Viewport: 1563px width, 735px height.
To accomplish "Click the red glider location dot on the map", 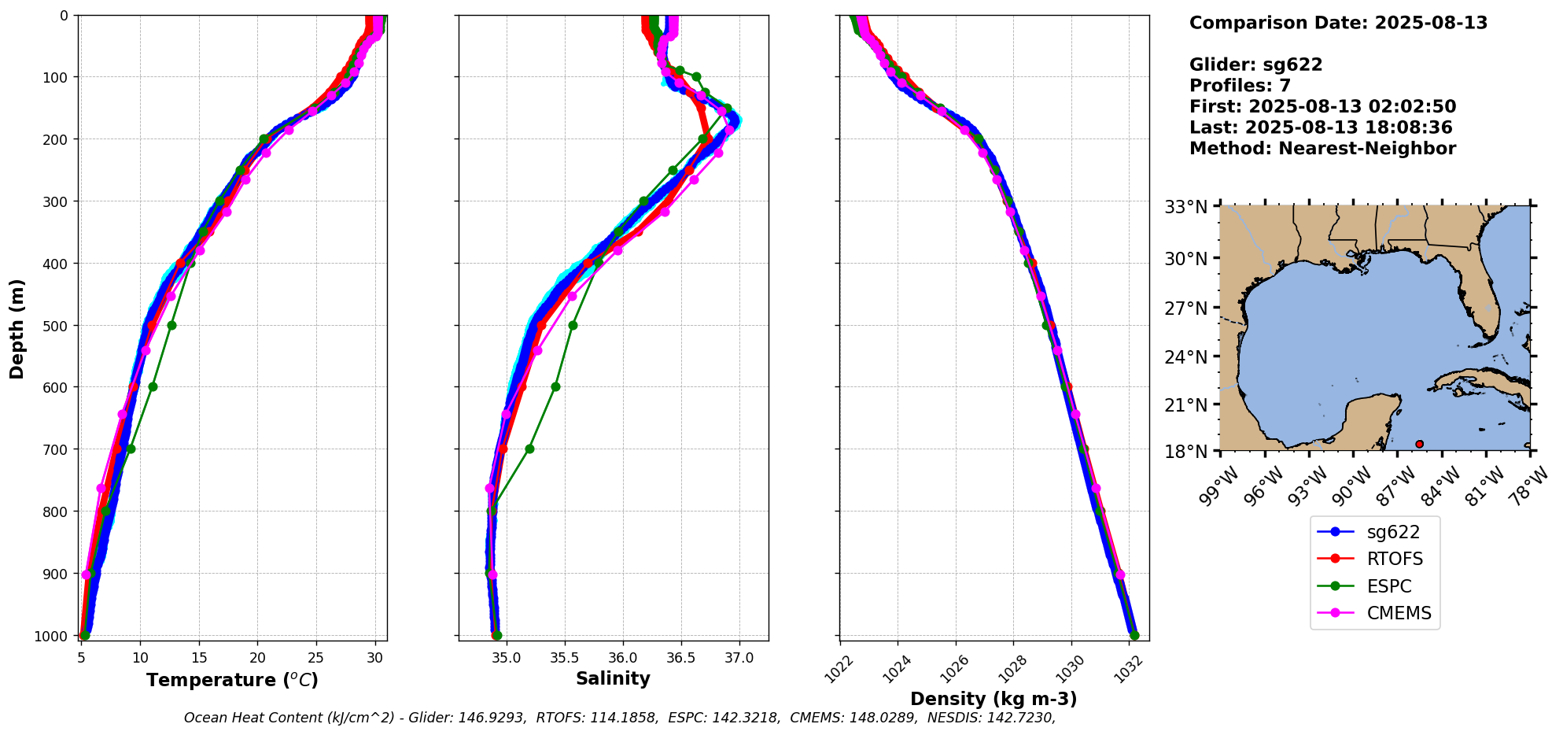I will click(x=1419, y=444).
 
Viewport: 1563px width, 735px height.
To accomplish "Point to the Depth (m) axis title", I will click(x=17, y=328).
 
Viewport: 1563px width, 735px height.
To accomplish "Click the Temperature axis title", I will click(x=232, y=680).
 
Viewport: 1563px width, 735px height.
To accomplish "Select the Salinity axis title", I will click(x=613, y=679).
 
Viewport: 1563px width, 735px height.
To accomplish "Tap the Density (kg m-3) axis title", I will click(x=993, y=699).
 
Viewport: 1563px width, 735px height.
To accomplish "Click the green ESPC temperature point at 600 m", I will click(x=153, y=386).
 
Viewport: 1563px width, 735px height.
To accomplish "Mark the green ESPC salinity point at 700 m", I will click(x=529, y=449).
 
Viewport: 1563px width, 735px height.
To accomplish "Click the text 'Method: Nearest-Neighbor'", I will click(x=1322, y=149).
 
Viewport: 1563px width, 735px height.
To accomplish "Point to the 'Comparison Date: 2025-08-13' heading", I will click(x=1338, y=23).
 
